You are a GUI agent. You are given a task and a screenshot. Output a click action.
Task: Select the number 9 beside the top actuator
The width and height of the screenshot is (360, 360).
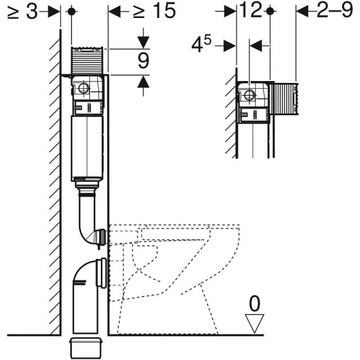(143, 61)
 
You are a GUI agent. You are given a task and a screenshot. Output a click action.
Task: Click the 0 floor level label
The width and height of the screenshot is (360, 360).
(255, 304)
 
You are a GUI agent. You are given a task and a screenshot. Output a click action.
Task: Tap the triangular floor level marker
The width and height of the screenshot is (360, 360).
(256, 325)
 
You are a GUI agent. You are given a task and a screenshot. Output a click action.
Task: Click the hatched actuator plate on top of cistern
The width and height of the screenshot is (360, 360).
(89, 60)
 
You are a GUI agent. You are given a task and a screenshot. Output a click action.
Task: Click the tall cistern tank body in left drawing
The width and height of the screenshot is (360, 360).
(89, 147)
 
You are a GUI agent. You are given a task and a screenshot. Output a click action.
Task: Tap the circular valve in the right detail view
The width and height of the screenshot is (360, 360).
(248, 95)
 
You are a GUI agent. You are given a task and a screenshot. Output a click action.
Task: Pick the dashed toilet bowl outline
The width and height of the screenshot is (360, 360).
(174, 270)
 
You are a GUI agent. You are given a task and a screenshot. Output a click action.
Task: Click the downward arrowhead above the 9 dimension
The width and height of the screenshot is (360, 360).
(143, 43)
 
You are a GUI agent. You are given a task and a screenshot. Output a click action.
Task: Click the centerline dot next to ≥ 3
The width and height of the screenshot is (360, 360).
(71, 11)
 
